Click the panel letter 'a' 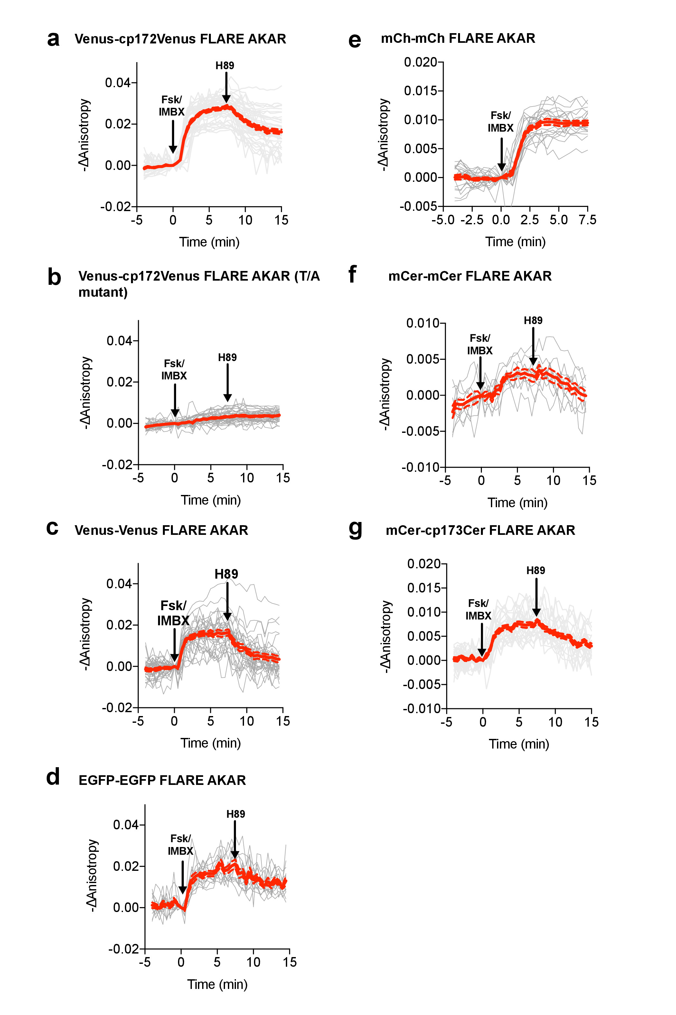(53, 39)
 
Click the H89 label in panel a (225, 66)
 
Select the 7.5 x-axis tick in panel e (587, 220)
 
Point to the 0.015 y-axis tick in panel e (420, 91)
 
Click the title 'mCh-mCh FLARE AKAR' (458, 38)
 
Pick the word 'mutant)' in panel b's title (103, 292)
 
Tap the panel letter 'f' (352, 274)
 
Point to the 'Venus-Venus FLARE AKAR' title (161, 530)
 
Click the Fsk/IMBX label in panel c (173, 613)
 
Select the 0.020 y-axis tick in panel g (424, 564)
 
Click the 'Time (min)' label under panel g (519, 744)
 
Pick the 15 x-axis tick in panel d (290, 962)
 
